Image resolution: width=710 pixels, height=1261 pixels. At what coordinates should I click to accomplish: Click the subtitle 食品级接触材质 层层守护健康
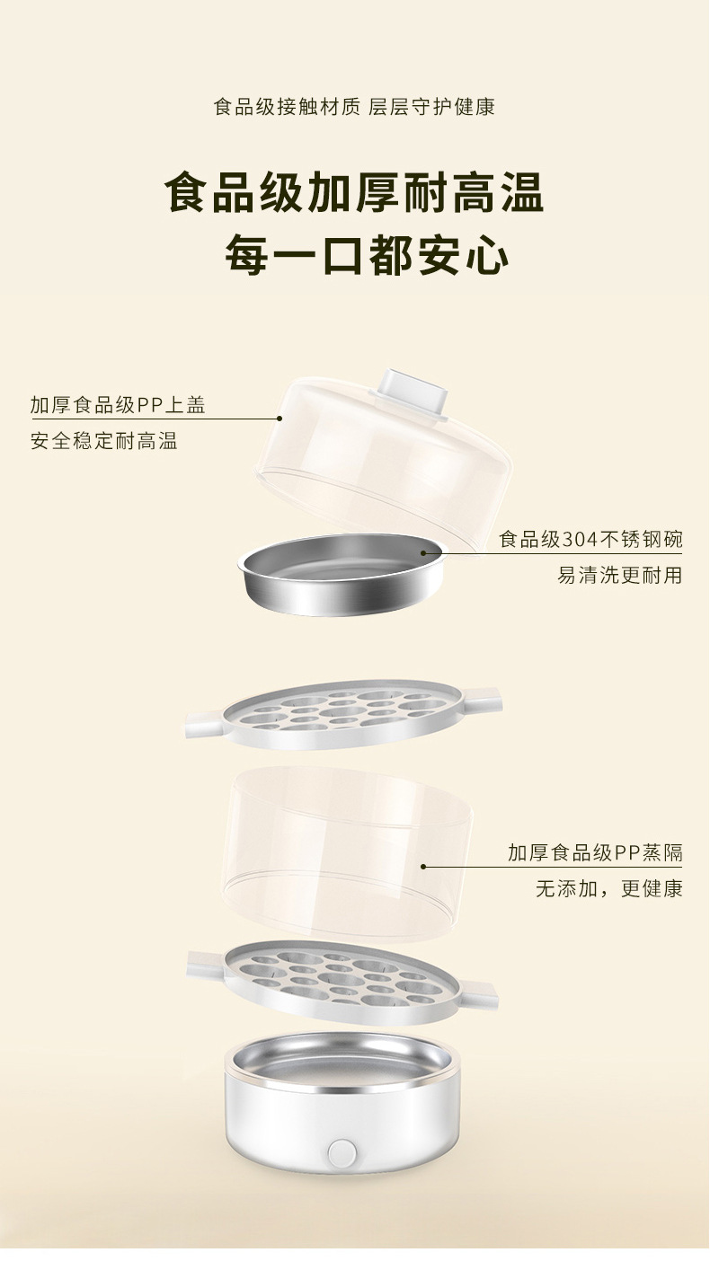(x=354, y=107)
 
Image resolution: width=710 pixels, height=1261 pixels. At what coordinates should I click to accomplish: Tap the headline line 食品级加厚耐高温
(x=354, y=192)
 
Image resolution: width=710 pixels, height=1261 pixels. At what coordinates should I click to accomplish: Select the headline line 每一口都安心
(x=367, y=256)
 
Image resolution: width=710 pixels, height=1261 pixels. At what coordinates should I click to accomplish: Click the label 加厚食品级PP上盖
(x=118, y=405)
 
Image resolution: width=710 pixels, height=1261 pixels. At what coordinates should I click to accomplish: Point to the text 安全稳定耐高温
(x=104, y=441)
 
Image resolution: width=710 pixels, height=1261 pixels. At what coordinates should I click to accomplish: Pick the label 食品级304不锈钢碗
(x=591, y=540)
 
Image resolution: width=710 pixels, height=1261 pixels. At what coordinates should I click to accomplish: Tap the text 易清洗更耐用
(x=620, y=576)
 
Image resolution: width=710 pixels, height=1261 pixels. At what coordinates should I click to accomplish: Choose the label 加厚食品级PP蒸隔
(x=595, y=853)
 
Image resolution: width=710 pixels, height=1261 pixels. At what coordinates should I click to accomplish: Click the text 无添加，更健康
(x=609, y=889)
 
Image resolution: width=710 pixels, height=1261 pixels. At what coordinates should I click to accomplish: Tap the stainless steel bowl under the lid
(x=342, y=573)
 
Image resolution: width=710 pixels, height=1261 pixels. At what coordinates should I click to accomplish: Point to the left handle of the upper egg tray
(x=206, y=725)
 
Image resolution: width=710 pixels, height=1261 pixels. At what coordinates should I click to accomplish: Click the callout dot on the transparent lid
(x=279, y=419)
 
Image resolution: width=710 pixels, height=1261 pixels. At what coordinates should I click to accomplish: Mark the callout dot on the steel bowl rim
(x=422, y=553)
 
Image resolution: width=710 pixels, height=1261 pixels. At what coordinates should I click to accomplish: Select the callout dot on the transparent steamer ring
(x=422, y=867)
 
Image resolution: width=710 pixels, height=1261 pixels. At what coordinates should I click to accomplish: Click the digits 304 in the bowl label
(x=580, y=540)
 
